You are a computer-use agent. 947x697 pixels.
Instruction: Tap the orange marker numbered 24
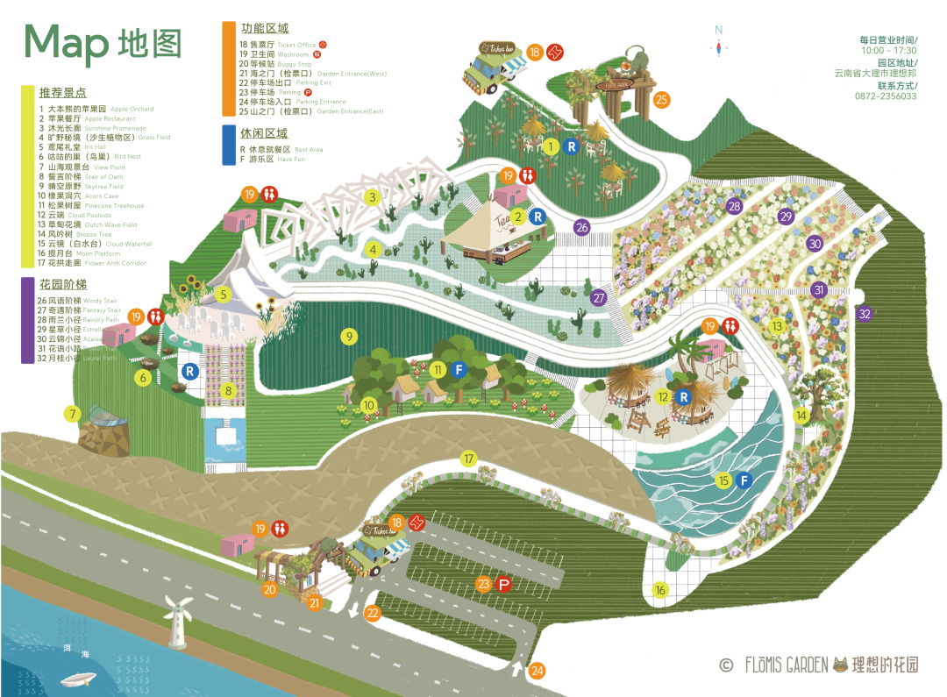[x=538, y=671]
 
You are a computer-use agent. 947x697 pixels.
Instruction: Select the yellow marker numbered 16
[x=659, y=589]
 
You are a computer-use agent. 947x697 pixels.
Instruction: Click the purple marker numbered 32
[x=865, y=313]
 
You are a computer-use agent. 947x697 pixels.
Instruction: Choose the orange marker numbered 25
[x=661, y=100]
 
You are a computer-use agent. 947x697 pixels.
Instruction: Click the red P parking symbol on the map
[x=504, y=584]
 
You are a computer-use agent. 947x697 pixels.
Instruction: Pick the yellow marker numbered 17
[x=469, y=459]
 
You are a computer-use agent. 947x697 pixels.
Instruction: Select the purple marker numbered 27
[x=599, y=297]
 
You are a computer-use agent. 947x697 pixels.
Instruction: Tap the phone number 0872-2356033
[x=886, y=96]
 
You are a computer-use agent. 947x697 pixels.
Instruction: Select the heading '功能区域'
[x=264, y=29]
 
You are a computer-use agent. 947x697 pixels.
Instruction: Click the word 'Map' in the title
[x=67, y=42]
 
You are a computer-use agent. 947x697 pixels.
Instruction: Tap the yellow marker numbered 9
[x=349, y=336]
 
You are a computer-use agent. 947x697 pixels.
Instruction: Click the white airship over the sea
[x=79, y=679]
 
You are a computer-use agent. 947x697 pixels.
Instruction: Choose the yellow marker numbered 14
[x=801, y=416]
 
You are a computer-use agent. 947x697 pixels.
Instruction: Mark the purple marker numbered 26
[x=581, y=227]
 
